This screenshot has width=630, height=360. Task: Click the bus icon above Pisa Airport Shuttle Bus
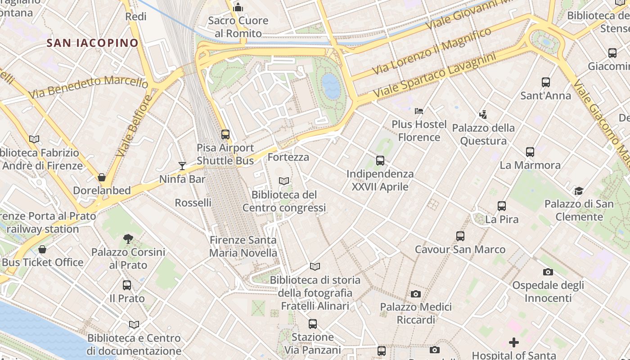tap(225, 134)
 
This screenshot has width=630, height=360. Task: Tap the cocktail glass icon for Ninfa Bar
tap(182, 166)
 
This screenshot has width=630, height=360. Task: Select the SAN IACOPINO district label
tap(93, 43)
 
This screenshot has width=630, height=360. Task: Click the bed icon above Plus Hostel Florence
tap(419, 111)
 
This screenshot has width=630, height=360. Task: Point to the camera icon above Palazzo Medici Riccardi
tap(416, 294)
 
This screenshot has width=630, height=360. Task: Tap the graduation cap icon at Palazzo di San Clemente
tap(579, 191)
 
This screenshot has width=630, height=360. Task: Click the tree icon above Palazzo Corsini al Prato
tap(128, 239)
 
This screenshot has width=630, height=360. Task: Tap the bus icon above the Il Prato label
tap(127, 285)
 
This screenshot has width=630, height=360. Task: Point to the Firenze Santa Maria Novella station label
tap(243, 246)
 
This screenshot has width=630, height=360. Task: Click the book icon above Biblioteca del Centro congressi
tap(284, 181)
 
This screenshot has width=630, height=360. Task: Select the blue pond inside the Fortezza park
tap(331, 86)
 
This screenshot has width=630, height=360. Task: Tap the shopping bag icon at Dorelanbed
tap(102, 177)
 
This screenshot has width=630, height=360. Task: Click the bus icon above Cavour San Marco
tap(460, 236)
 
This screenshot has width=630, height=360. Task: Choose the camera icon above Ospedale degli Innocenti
tap(548, 272)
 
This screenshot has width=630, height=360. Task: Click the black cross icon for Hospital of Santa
tap(513, 342)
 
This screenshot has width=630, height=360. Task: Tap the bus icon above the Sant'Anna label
tap(546, 82)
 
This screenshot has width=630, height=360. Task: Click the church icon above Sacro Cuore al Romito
tap(238, 7)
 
